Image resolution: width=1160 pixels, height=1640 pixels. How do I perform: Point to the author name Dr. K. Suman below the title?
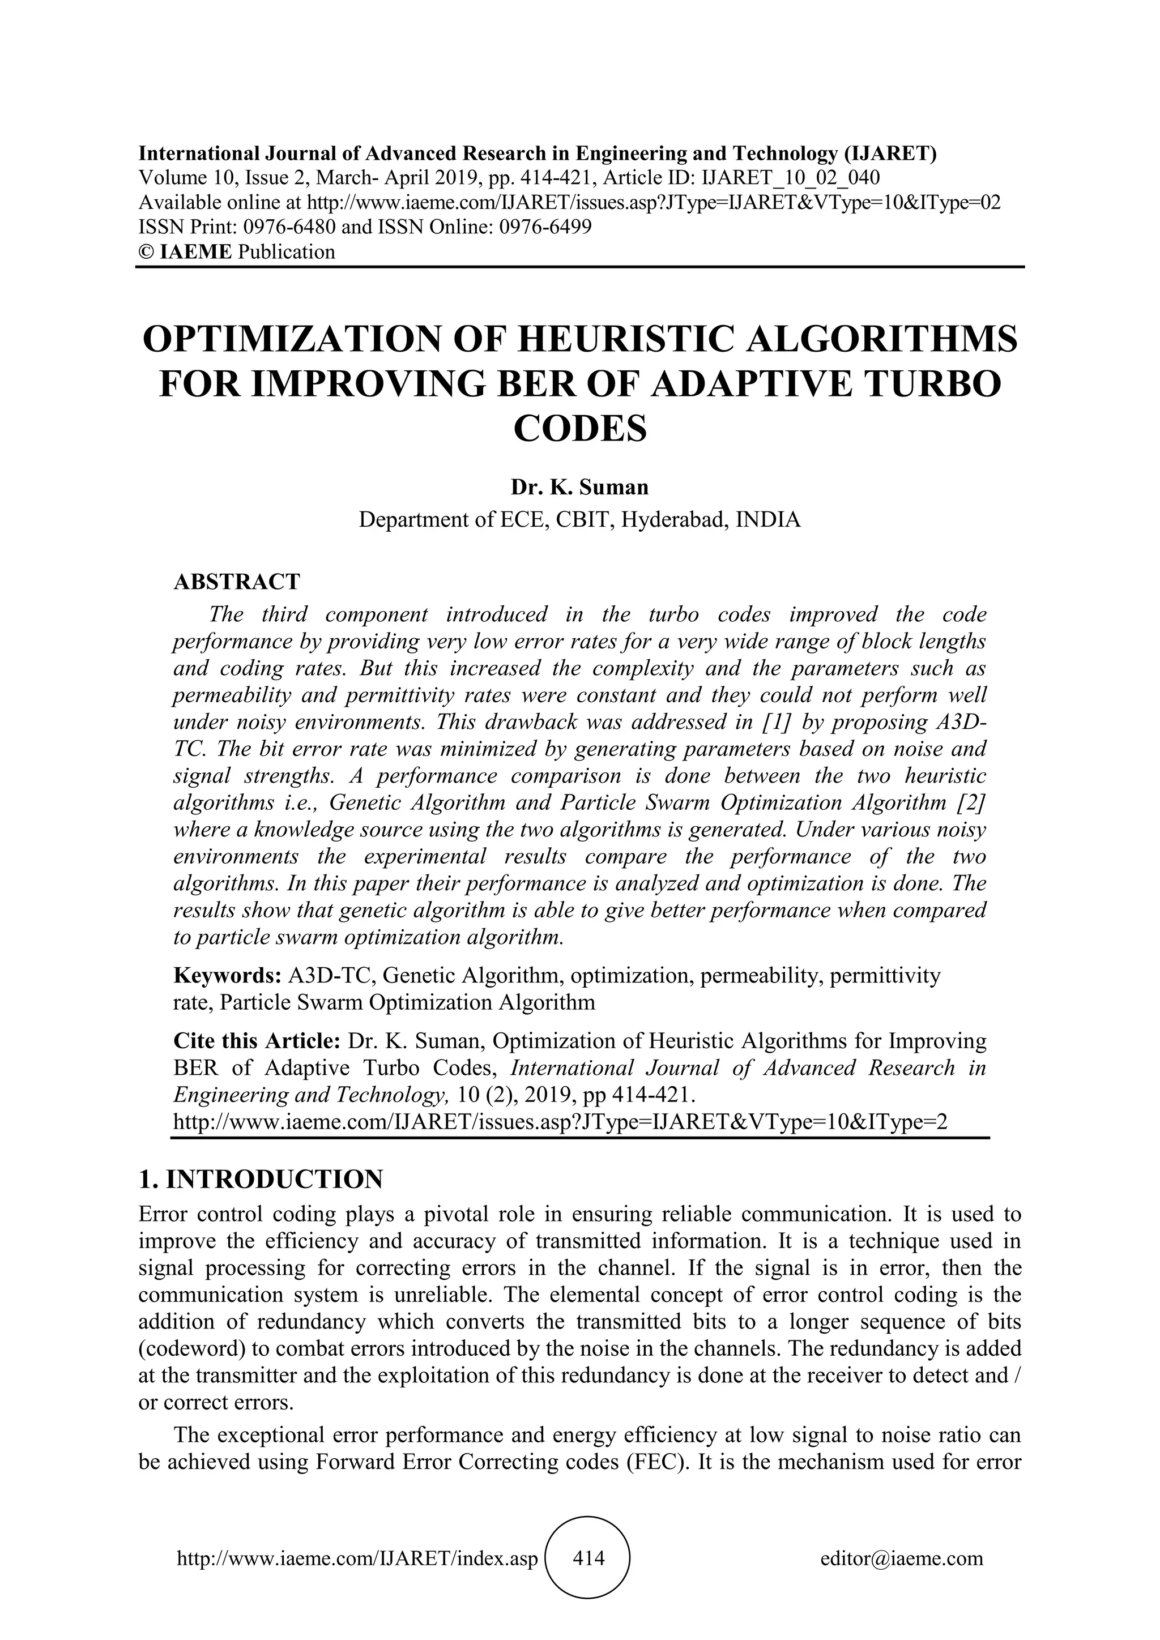pyautogui.click(x=579, y=487)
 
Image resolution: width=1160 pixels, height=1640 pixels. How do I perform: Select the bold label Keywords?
pyautogui.click(x=227, y=975)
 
